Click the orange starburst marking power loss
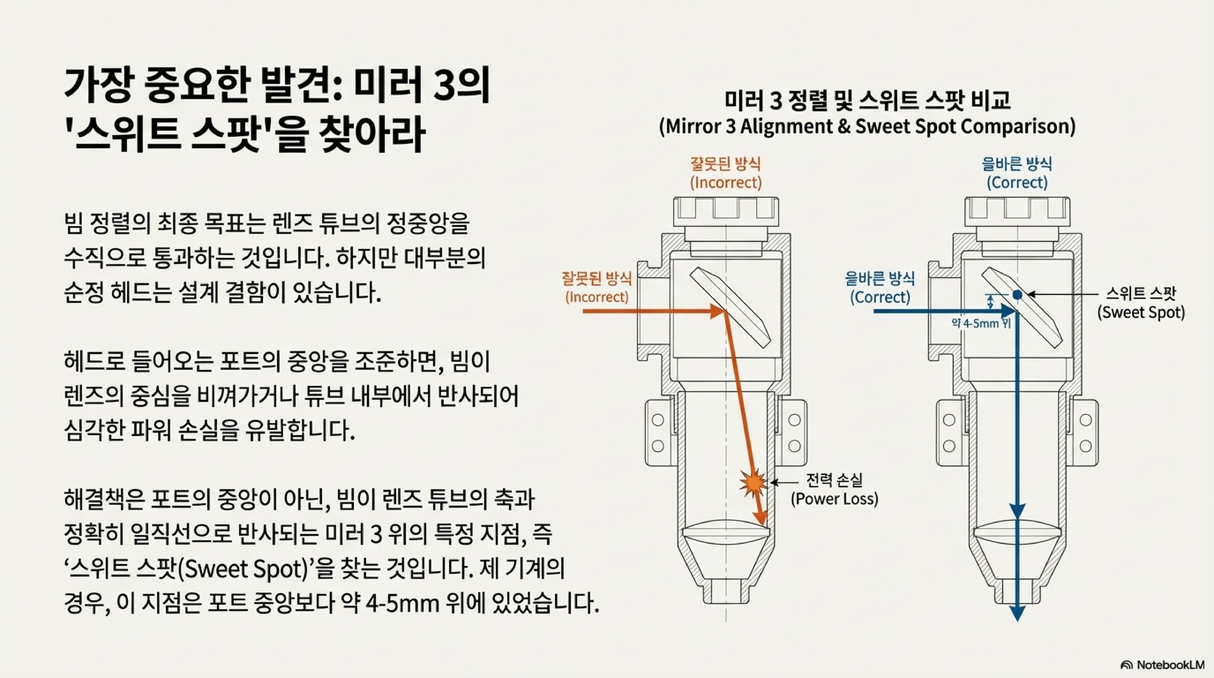pos(753,482)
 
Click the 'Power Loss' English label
pos(834,499)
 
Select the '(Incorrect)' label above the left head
pos(726,182)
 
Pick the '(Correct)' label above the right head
pos(1017,182)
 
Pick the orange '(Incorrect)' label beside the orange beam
pos(597,297)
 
